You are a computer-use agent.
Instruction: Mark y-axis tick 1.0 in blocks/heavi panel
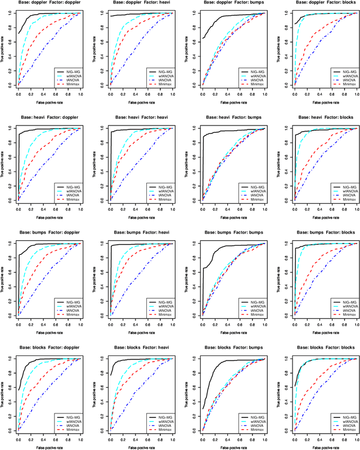pyautogui.click(x=105, y=358)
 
